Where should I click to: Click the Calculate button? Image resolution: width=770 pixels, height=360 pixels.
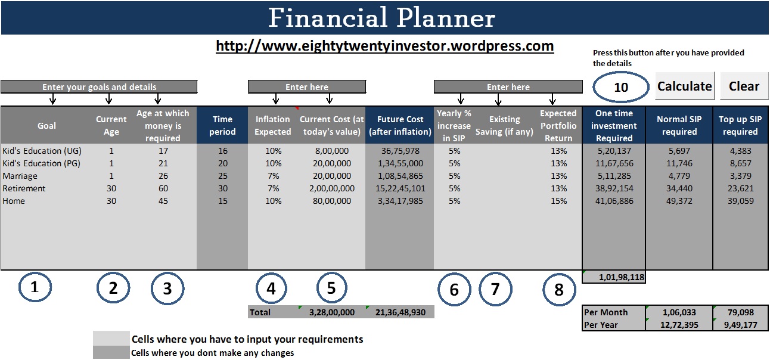(x=684, y=86)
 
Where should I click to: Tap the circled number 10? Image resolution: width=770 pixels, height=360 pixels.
(x=621, y=87)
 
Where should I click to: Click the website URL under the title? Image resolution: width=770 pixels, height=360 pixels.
(x=384, y=46)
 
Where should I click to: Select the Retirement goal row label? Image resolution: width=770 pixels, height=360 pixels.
(x=24, y=188)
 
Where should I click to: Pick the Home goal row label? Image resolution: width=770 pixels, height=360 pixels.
(x=14, y=201)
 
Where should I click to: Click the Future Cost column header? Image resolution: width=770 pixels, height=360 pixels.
(x=399, y=125)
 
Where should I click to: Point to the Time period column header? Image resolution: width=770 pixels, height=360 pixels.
(x=222, y=125)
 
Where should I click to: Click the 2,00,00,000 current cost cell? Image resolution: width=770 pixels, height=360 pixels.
(x=332, y=188)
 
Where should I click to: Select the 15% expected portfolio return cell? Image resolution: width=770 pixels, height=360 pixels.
(x=558, y=201)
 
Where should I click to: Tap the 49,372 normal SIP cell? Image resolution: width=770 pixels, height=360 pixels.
(x=679, y=201)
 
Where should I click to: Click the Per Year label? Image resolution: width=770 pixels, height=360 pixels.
(x=601, y=325)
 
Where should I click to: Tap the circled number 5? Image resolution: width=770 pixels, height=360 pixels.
(x=331, y=288)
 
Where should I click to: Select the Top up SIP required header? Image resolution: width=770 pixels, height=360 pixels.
(x=740, y=125)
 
